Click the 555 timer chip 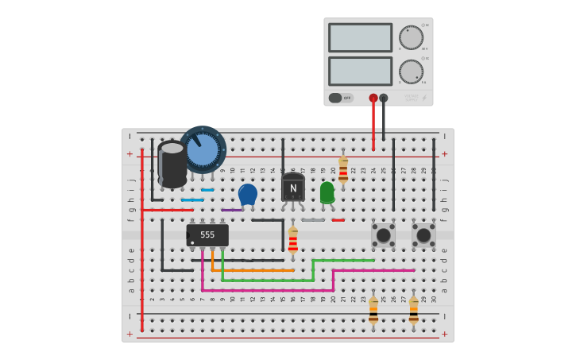click(207, 235)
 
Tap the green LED click(327, 192)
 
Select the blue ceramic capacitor click(248, 194)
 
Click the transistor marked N click(293, 188)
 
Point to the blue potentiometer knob click(203, 149)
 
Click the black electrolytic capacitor click(172, 165)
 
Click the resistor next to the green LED click(343, 169)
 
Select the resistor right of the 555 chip click(293, 239)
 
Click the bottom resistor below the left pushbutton click(373, 309)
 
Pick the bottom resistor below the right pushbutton click(413, 309)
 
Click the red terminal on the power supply click(373, 98)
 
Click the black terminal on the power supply click(384, 98)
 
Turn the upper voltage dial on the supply click(411, 37)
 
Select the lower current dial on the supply click(411, 72)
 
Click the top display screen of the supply click(360, 37)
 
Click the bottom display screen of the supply click(360, 71)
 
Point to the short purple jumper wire click(232, 210)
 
